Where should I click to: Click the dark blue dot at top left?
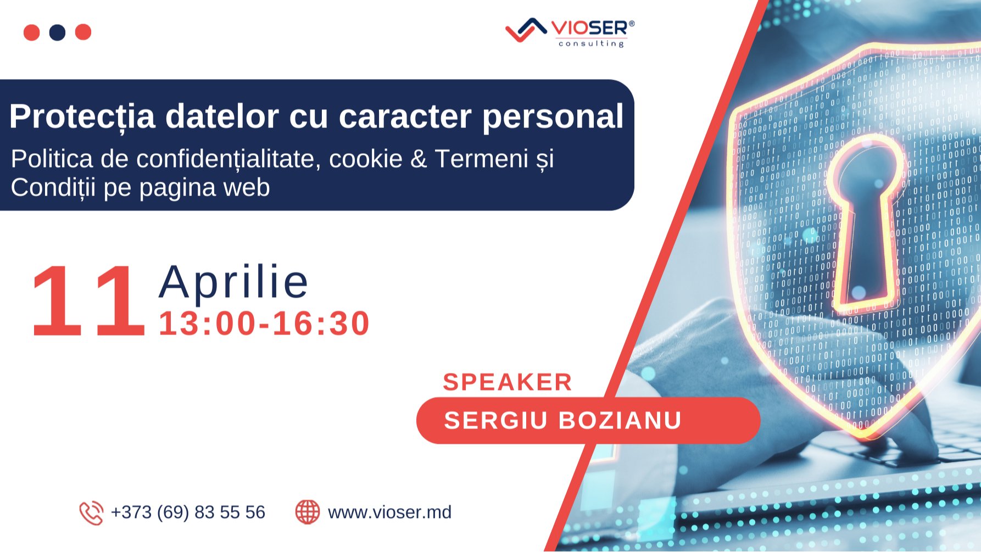[x=57, y=32]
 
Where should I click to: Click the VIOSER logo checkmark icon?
[x=525, y=30]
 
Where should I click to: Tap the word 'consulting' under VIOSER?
[x=591, y=43]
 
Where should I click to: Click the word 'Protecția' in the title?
[x=82, y=116]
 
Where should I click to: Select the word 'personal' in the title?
[x=553, y=116]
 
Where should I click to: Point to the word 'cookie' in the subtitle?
[x=365, y=159]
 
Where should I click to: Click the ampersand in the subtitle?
[x=419, y=159]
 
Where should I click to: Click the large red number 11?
[x=87, y=300]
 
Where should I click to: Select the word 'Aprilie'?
[x=234, y=282]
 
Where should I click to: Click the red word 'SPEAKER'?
[x=507, y=382]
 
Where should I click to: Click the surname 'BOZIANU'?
[x=620, y=421]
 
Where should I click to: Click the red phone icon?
[x=91, y=513]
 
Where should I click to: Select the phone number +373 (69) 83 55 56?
[x=188, y=512]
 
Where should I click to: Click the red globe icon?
[x=308, y=512]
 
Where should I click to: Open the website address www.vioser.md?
[x=389, y=512]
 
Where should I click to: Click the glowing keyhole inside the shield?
[x=865, y=220]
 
